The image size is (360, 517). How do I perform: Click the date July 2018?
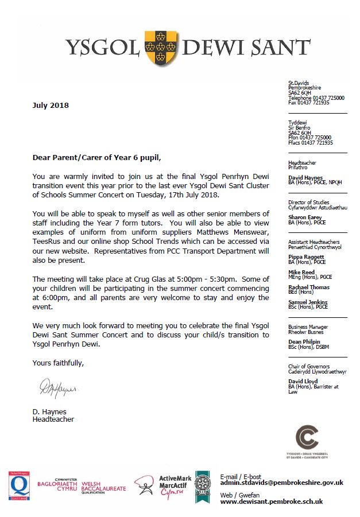[x=50, y=105]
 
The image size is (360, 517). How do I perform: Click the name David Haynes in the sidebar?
[x=304, y=178]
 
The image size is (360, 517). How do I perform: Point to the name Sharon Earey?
[x=304, y=217]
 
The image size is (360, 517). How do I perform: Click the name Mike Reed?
[x=300, y=272]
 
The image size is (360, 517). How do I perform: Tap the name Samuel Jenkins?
[x=307, y=302]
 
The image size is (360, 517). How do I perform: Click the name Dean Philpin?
[x=303, y=341]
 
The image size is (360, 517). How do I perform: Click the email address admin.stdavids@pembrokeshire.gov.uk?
[x=281, y=483]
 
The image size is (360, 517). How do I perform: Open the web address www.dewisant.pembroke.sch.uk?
[x=272, y=501]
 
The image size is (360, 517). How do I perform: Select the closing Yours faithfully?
[x=58, y=363]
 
